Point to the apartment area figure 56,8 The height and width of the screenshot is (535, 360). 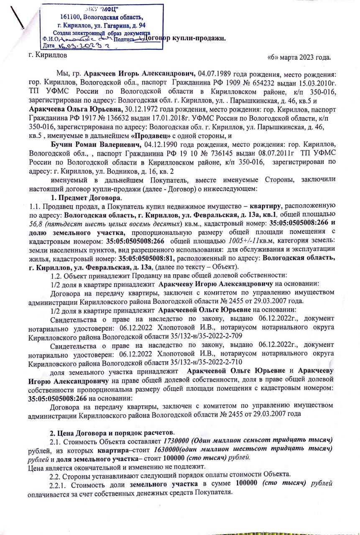click(35, 224)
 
